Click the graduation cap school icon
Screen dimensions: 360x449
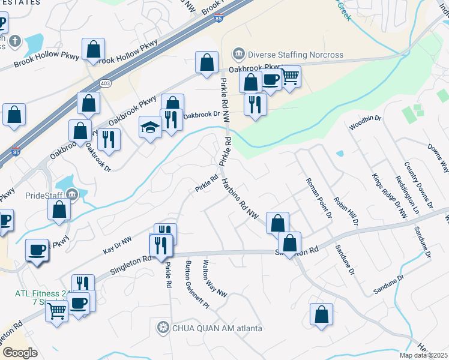pyautogui.click(x=149, y=127)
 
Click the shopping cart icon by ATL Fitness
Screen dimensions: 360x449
pyautogui.click(x=56, y=311)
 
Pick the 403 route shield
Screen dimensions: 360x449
pyautogui.click(x=106, y=83)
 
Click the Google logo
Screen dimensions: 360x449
pyautogui.click(x=20, y=353)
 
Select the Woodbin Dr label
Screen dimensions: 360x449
pyautogui.click(x=365, y=123)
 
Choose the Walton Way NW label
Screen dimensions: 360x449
pyautogui.click(x=214, y=278)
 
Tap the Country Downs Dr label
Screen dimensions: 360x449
pyautogui.click(x=418, y=184)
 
